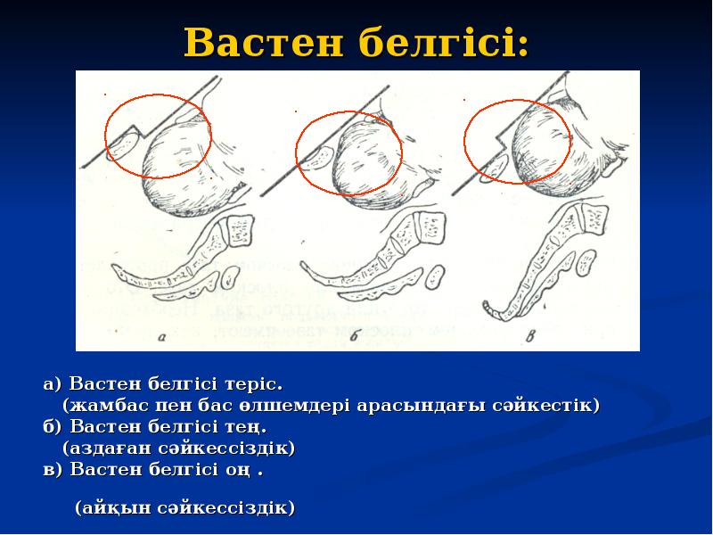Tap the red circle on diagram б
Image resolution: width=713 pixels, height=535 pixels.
click(348, 152)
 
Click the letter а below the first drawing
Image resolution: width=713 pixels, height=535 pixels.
click(161, 337)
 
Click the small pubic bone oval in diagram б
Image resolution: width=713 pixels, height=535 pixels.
click(316, 158)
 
